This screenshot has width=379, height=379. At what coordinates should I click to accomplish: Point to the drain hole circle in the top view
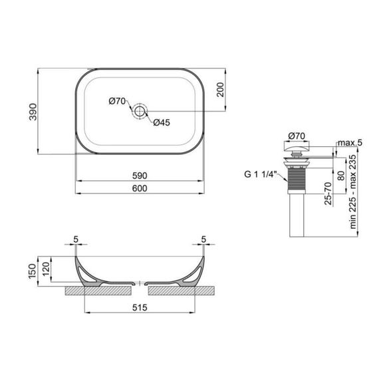(140, 111)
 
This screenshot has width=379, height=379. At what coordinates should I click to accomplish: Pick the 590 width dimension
(139, 175)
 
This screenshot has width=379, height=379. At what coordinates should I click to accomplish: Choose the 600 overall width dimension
(139, 189)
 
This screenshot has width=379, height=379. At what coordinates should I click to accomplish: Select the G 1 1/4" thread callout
(260, 176)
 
